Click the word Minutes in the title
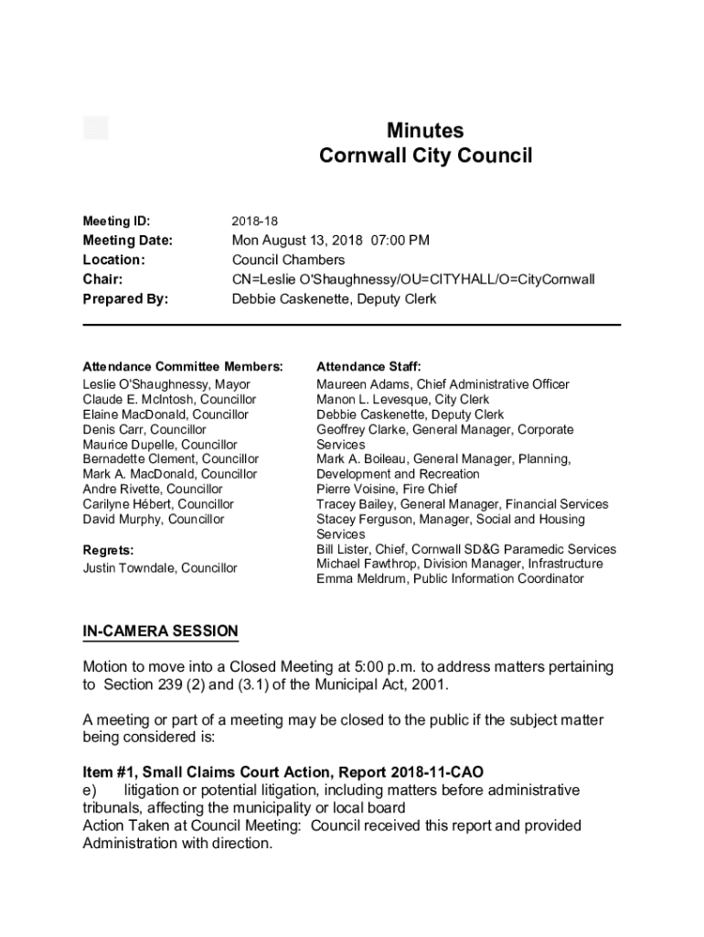coord(425,131)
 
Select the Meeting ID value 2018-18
coord(255,221)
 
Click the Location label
coord(114,260)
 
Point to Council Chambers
coord(288,260)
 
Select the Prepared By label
coord(126,299)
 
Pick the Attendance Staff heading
coord(368,366)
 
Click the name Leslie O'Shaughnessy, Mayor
coord(166,384)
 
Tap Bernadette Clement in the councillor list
coord(140,459)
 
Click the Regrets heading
coord(108,550)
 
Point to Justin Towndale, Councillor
coord(160,568)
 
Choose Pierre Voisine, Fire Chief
coord(387,490)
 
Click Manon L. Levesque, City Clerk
coord(402,400)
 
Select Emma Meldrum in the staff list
coord(362,579)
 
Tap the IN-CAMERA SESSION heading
coord(160,631)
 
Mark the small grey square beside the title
coord(96,128)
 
